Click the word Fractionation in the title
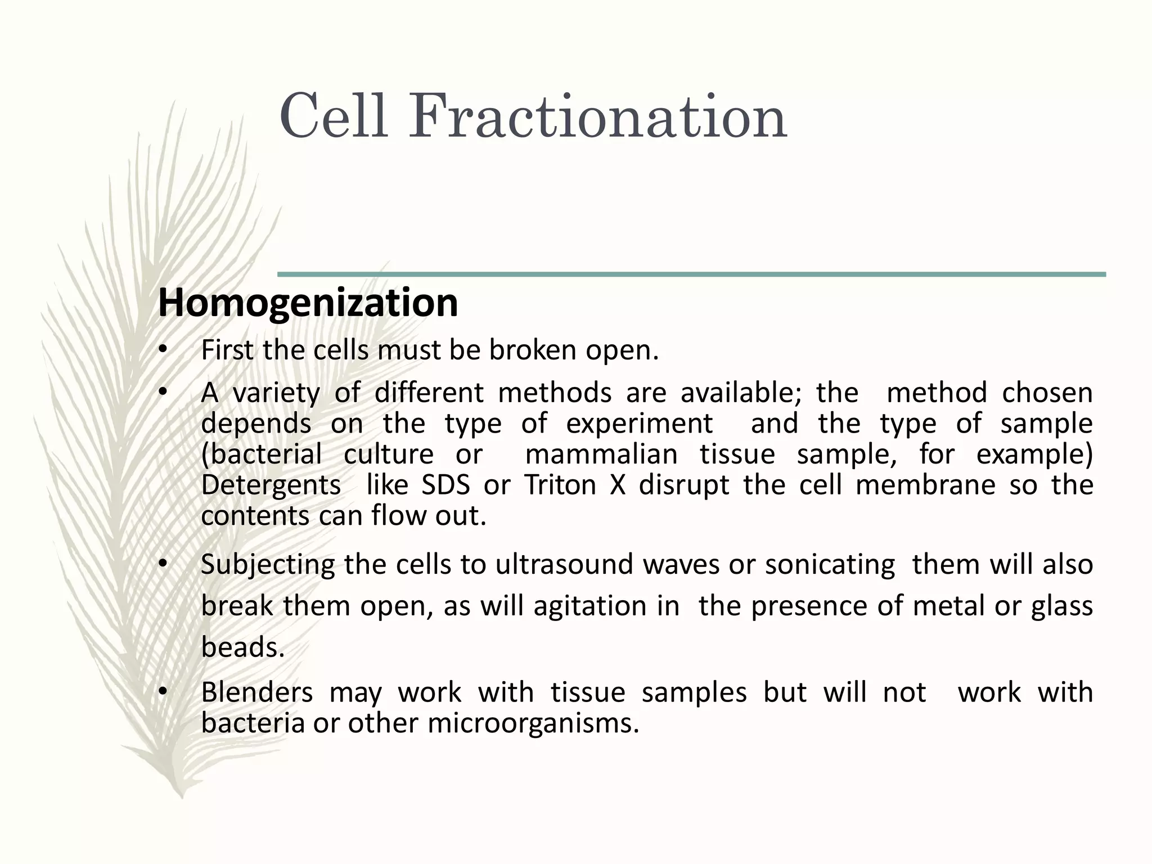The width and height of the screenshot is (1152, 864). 597,117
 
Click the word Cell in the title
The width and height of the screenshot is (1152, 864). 333,117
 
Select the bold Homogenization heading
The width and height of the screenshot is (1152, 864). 308,303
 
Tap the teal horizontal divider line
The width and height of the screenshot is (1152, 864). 691,274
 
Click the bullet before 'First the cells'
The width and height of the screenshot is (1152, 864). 163,350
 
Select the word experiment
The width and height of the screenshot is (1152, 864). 639,423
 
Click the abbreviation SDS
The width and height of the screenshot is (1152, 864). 445,485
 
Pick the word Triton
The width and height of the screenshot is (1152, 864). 560,485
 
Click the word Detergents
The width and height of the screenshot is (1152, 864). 271,485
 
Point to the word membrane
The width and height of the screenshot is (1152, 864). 925,485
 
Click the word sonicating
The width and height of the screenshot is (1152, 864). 830,564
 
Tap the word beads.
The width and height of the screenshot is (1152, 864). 242,647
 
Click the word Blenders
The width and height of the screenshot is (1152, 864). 256,692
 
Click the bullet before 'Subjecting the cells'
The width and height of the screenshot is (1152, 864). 163,564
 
